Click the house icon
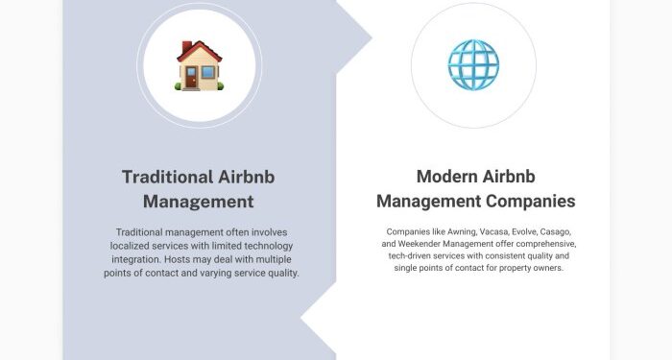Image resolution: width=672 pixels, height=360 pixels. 199,65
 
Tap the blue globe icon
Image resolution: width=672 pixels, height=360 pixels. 472,65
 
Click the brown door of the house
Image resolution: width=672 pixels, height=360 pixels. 192,78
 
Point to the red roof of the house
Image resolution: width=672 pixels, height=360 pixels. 198,49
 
